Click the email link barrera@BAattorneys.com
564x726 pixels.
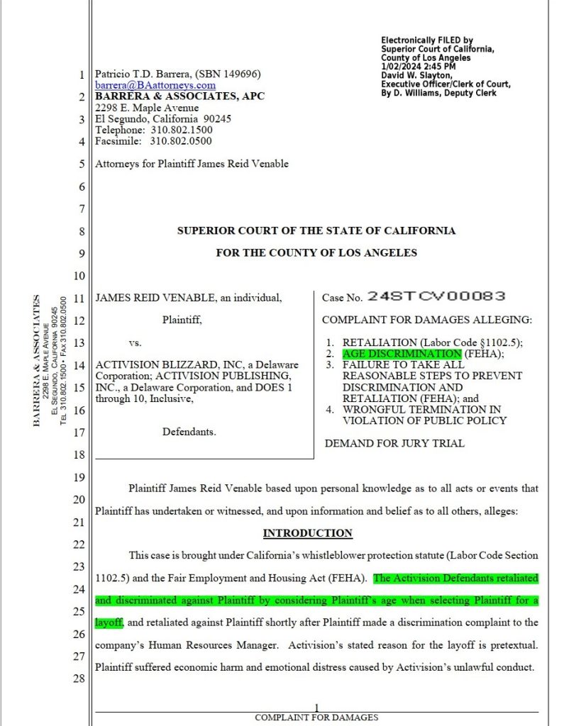(x=155, y=85)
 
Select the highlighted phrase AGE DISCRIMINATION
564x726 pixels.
(x=402, y=353)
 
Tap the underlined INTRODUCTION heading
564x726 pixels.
(x=307, y=533)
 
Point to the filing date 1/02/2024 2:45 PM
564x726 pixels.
(x=418, y=67)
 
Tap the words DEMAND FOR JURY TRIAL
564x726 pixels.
(x=394, y=444)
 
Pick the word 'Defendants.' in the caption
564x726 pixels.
(x=189, y=431)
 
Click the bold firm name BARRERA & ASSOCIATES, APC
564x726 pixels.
(x=179, y=96)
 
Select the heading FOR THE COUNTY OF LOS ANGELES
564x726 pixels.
(x=316, y=253)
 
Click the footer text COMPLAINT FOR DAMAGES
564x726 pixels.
(x=316, y=717)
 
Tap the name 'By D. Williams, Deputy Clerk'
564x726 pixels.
(x=438, y=93)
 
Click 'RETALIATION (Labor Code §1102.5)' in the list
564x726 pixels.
(x=432, y=342)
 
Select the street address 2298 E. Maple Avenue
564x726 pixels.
(x=148, y=108)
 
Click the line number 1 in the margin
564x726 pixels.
(x=82, y=74)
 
